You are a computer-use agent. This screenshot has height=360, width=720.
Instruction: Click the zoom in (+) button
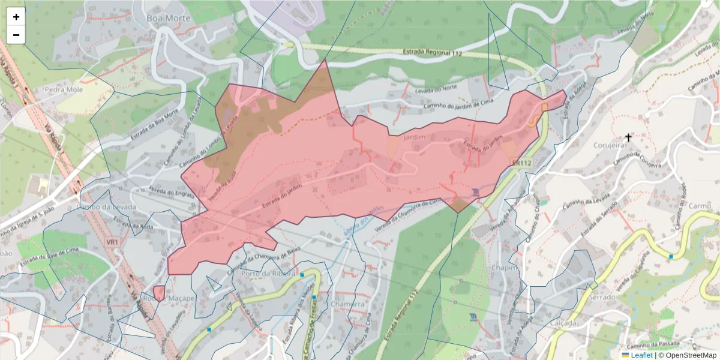pyautogui.click(x=16, y=17)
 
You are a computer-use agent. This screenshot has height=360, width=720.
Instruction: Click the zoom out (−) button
pyautogui.click(x=16, y=35)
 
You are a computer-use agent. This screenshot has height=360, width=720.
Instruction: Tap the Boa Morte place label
pyautogui.click(x=169, y=19)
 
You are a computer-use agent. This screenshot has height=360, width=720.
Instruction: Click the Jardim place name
pyautogui.click(x=415, y=137)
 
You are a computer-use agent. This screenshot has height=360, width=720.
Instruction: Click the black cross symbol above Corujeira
pyautogui.click(x=628, y=137)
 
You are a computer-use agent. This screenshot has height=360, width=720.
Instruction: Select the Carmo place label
pyautogui.click(x=700, y=206)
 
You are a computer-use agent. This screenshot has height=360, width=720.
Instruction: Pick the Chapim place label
pyautogui.click(x=503, y=268)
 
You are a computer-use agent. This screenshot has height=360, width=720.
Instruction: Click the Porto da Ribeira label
pyautogui.click(x=268, y=274)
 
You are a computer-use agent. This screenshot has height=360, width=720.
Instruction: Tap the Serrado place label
pyautogui.click(x=602, y=297)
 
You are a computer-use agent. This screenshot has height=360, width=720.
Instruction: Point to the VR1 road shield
pyautogui.click(x=112, y=241)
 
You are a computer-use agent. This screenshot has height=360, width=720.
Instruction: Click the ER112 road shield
pyautogui.click(x=522, y=163)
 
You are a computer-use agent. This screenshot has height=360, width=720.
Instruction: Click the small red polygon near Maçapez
pyautogui.click(x=159, y=293)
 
